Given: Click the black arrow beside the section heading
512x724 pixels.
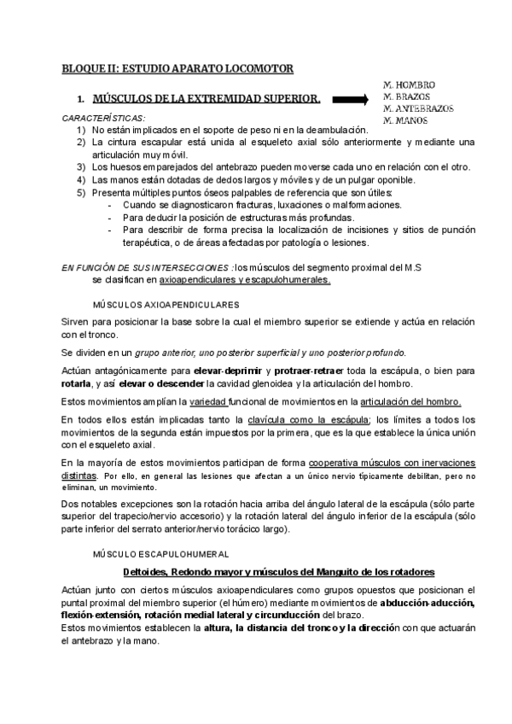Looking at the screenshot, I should tap(350, 100).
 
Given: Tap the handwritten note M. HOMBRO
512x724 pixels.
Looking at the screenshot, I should tap(410, 85).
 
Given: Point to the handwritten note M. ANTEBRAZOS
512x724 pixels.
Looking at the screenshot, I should tap(419, 108).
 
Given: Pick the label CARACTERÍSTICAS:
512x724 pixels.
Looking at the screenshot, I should tap(103, 117).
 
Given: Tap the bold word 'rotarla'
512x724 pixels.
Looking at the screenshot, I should tap(78, 384).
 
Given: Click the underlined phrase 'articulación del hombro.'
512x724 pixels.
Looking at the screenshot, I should tap(411, 402).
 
